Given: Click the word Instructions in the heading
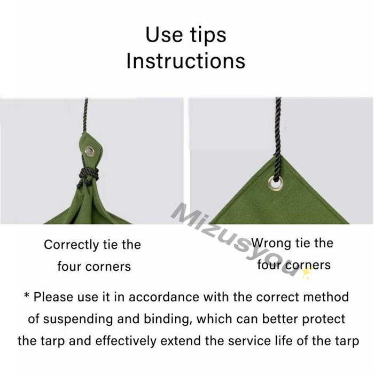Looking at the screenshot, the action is click(186, 60).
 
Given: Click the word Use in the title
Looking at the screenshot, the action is click(163, 35).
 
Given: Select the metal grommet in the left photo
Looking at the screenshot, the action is click(89, 151).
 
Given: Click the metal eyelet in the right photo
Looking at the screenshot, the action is click(276, 183).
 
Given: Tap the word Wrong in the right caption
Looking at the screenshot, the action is click(271, 243).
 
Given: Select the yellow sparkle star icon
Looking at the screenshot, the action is click(307, 272).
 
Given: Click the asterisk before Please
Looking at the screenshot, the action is click(27, 295).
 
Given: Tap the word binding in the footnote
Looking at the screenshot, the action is click(167, 320).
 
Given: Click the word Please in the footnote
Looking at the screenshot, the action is click(53, 297).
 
